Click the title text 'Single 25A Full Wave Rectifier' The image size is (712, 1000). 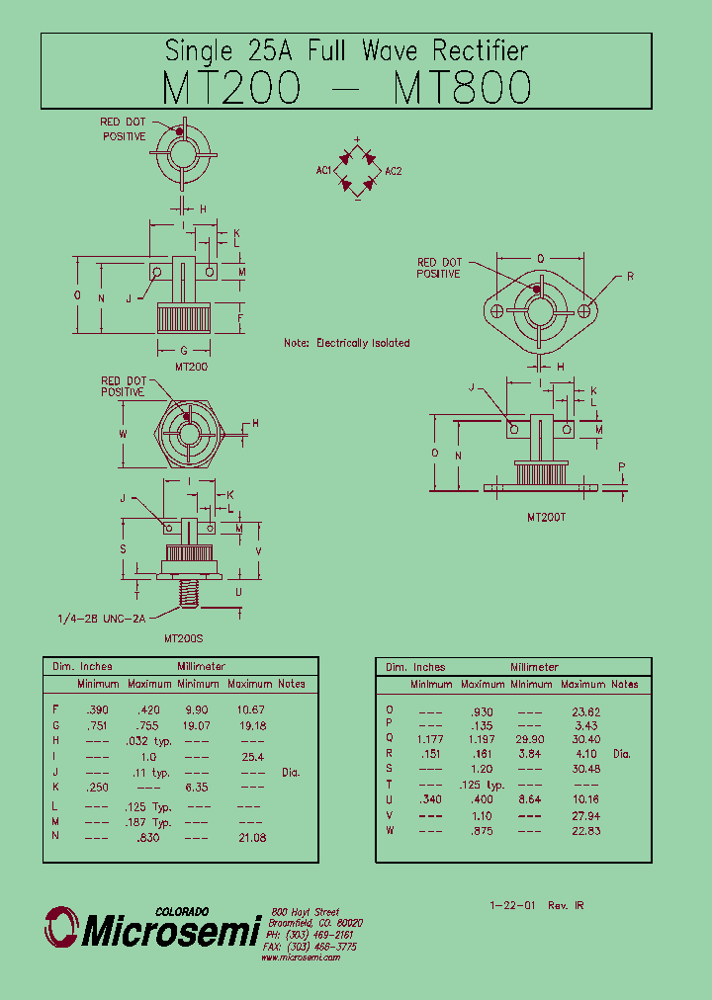[346, 50]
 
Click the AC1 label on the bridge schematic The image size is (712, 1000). [323, 171]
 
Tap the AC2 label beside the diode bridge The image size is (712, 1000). [394, 172]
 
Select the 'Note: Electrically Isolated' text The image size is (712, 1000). [346, 343]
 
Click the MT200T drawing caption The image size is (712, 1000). [546, 517]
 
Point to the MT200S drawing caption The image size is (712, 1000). [185, 639]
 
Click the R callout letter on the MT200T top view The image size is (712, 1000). [630, 277]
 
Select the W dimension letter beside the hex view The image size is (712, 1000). [124, 433]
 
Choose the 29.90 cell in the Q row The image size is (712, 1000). [530, 739]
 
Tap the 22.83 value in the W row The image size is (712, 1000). [583, 830]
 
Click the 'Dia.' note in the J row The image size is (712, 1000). [290, 773]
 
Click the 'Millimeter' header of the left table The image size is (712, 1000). [202, 667]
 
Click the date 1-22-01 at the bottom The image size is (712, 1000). [510, 905]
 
